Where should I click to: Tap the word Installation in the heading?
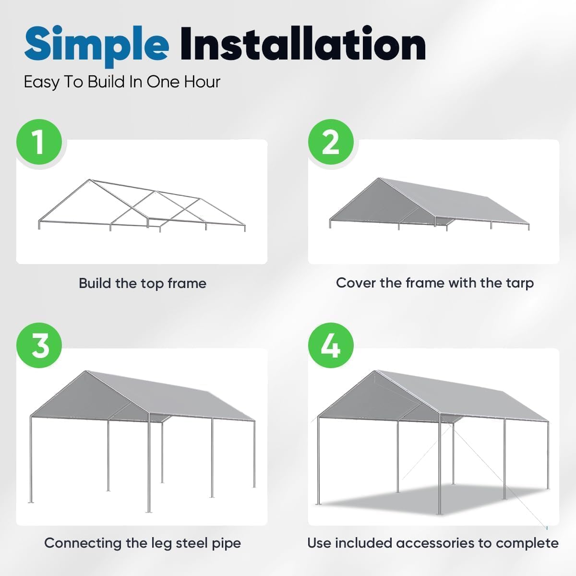(302, 44)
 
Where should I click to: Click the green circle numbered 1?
(39, 143)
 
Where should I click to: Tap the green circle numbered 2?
(331, 143)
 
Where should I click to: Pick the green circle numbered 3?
(39, 346)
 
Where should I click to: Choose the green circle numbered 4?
(331, 346)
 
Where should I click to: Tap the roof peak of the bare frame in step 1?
(89, 180)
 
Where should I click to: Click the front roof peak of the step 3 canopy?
(86, 372)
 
